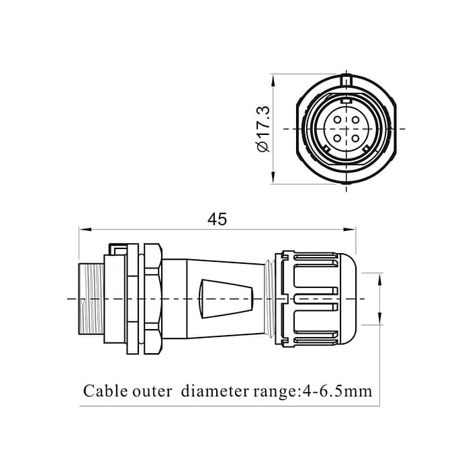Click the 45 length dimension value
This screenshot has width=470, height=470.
(217, 219)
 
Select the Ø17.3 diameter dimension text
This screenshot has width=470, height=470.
(263, 128)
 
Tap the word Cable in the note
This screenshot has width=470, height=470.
(101, 391)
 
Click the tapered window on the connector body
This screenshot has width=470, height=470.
(228, 296)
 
